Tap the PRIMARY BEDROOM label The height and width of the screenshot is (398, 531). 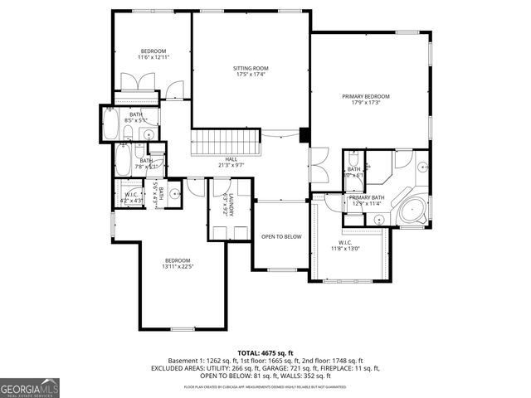pos(366,96)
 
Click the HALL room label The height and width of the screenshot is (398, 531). pos(231,158)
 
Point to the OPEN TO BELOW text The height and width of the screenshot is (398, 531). pos(281,236)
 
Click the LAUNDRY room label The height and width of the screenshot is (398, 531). pos(225,206)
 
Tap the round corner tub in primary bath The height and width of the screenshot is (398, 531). pos(412,210)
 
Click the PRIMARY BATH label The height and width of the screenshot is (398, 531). pos(366,197)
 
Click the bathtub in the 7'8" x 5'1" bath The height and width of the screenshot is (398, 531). pos(124,159)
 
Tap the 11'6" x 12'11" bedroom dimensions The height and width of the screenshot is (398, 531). pos(153,57)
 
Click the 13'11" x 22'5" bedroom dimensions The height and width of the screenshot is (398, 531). pos(177,266)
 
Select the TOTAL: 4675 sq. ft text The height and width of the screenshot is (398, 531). pos(265,352)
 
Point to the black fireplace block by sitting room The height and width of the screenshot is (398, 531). pos(304,135)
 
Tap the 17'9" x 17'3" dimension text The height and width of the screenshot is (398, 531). pos(366,102)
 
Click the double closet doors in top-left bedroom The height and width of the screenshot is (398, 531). pos(134,84)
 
